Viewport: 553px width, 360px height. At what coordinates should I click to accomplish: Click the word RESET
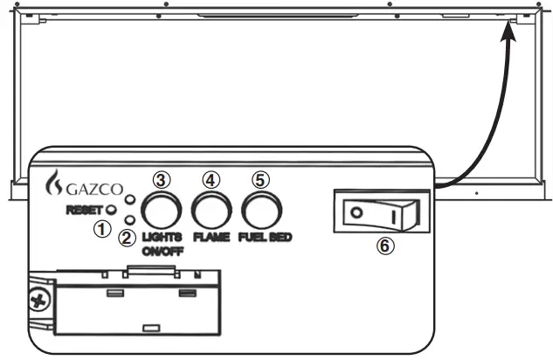(x=84, y=210)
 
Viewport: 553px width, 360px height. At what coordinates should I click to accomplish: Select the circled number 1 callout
(x=103, y=227)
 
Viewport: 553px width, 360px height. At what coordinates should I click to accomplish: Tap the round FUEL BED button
(x=261, y=210)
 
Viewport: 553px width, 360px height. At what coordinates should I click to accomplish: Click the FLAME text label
(x=212, y=237)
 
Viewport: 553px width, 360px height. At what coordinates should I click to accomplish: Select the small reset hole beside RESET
(x=113, y=210)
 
